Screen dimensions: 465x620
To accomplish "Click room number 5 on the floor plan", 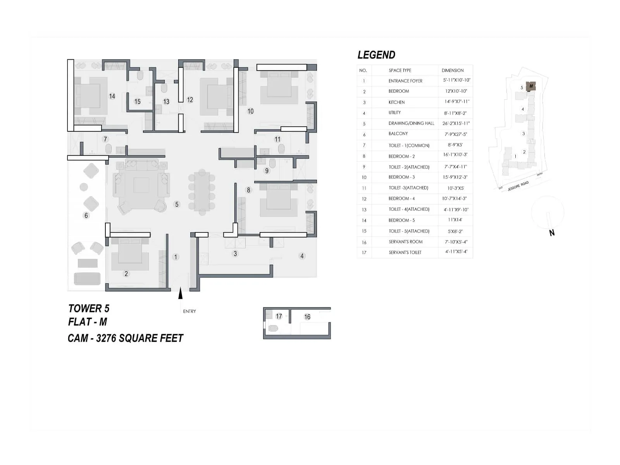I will [x=177, y=204].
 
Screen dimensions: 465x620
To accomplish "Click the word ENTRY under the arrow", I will [x=189, y=311].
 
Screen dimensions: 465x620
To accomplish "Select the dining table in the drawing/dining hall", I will [x=202, y=192].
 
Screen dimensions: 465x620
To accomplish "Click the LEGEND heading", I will [x=376, y=55].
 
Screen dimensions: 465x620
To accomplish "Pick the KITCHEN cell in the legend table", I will [x=396, y=102].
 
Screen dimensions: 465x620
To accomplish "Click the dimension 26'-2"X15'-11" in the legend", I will [x=456, y=123].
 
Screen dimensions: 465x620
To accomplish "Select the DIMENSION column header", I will [x=452, y=71].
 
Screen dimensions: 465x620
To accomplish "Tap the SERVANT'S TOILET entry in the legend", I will [x=405, y=252].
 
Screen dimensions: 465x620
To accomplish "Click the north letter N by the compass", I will [x=552, y=233].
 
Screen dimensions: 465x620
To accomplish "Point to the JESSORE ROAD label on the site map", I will [x=518, y=186].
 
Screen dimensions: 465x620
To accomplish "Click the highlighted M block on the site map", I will [x=531, y=86].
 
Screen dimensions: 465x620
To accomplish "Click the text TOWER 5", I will [x=89, y=308].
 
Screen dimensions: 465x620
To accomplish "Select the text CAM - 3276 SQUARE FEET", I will [x=125, y=338].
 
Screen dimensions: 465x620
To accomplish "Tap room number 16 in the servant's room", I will [x=307, y=317].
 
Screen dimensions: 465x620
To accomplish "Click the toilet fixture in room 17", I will [x=273, y=329].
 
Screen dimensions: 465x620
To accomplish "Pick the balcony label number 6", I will [x=86, y=215].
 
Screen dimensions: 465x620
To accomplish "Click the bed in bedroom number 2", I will [x=130, y=255].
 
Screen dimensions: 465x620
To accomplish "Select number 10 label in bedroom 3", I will [x=250, y=111].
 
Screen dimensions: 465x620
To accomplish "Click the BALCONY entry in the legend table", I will [x=398, y=134].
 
